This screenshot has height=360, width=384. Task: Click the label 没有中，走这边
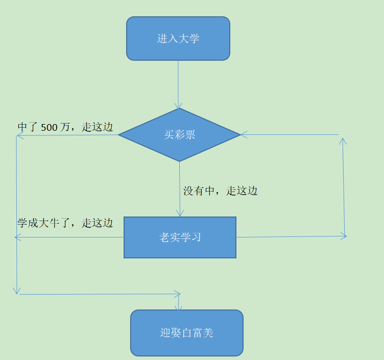[x=221, y=191]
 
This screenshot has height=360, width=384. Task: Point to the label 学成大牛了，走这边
[x=65, y=223]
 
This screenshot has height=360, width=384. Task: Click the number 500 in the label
[x=49, y=128]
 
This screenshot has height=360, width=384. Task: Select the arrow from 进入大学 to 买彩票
[x=178, y=84]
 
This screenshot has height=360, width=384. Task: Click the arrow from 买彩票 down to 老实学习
[x=180, y=189]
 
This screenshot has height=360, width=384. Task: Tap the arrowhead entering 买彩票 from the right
[x=244, y=135]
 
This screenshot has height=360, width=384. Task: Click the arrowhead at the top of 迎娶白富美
[x=178, y=308]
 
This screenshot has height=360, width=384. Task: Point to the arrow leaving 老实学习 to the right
[x=291, y=236]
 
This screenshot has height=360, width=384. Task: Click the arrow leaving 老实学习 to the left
[x=69, y=237]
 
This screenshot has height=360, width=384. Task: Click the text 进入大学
[x=178, y=39]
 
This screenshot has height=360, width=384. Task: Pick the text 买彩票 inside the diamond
[x=179, y=135]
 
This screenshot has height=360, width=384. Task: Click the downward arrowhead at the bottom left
[x=17, y=291]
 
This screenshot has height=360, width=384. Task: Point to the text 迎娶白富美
[x=186, y=333]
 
